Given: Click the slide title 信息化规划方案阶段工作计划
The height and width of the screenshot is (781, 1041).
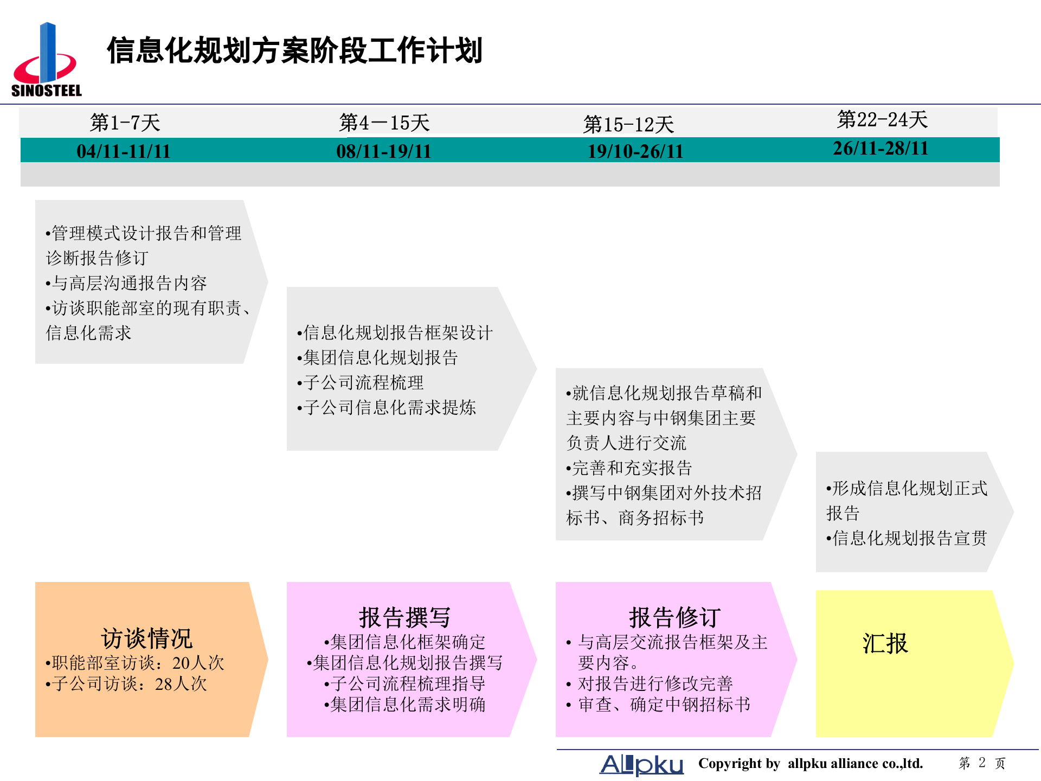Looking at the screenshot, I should click(294, 51).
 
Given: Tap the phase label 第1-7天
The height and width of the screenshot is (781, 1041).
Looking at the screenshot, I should click(125, 123).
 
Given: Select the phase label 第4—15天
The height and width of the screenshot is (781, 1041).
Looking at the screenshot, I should click(384, 123).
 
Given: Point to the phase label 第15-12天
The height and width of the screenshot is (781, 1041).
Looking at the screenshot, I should click(628, 125).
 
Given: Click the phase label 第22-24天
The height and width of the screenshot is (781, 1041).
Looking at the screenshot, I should click(882, 119).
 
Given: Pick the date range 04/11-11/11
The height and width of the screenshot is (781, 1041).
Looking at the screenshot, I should click(124, 151).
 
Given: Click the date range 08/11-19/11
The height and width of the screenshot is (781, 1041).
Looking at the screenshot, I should click(384, 151).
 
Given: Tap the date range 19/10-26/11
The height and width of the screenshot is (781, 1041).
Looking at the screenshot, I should click(635, 151).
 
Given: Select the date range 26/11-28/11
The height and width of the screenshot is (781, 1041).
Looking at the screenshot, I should click(881, 148).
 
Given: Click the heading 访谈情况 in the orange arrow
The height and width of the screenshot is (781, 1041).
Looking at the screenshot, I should click(146, 638).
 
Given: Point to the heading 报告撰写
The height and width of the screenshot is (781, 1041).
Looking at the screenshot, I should click(404, 617).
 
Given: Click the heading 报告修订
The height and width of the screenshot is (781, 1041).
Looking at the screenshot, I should click(674, 617).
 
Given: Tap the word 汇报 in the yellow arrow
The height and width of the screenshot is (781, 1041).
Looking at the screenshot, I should click(885, 644).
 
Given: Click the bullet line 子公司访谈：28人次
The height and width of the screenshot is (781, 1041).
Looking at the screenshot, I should click(127, 684).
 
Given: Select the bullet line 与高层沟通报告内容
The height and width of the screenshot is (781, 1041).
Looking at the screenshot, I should click(127, 283).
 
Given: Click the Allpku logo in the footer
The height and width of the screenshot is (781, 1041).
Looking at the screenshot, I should click(641, 764).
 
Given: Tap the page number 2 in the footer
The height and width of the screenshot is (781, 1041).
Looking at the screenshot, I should click(982, 763).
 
